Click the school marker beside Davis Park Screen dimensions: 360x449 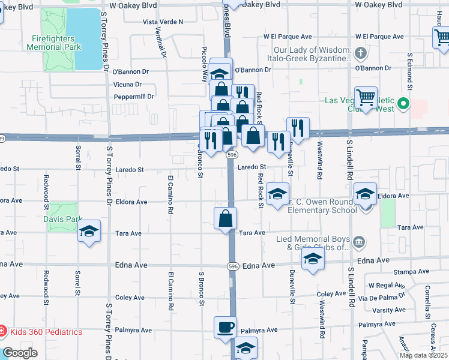click(89, 232)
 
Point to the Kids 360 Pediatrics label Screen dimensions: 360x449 click(46, 332)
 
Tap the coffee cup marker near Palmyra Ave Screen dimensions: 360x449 click(226, 328)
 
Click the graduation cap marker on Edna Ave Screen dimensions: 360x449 click(312, 259)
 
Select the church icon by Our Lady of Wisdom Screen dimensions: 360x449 click(360, 54)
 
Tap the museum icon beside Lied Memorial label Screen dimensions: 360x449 click(359, 242)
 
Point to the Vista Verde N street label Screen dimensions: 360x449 click(163, 22)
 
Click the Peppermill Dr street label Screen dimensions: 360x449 click(134, 96)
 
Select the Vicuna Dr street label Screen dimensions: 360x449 click(127, 85)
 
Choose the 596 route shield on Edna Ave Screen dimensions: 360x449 click(233, 265)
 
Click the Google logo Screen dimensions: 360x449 click(20, 353)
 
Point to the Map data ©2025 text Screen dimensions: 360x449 click(423, 355)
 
